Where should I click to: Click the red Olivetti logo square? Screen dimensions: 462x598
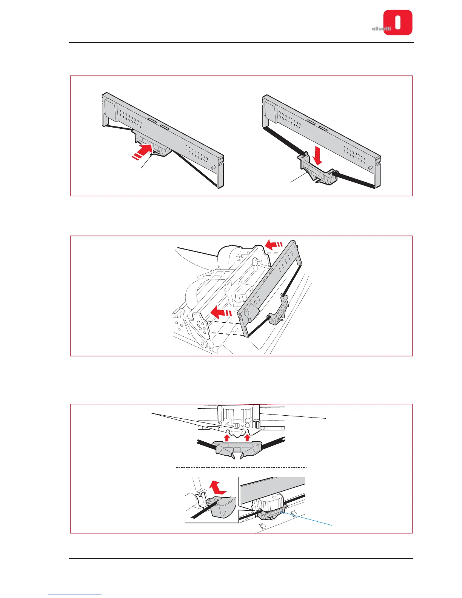click(398, 22)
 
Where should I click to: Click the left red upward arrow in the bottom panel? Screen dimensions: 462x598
click(226, 437)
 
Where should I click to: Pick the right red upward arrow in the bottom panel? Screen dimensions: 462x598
click(247, 437)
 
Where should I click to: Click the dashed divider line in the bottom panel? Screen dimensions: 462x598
click(242, 467)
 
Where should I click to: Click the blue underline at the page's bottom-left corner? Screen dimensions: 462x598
click(75, 595)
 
